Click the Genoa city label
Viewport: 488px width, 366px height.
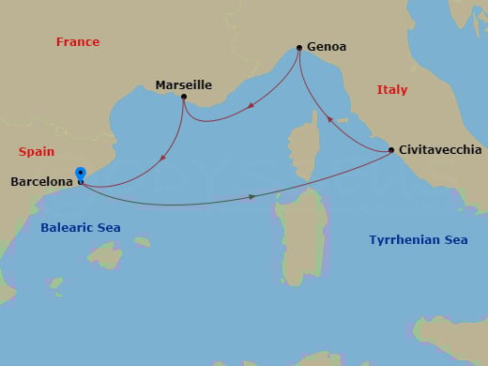[327, 47]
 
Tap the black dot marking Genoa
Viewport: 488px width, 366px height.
[298, 47]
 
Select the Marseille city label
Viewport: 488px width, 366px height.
[183, 84]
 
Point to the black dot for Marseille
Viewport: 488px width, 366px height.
[184, 97]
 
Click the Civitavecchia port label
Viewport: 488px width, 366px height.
[440, 150]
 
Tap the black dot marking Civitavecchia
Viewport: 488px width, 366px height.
[391, 150]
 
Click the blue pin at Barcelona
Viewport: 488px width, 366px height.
[81, 174]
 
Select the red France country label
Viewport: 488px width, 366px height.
[78, 42]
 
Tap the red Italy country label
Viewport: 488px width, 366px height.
[392, 90]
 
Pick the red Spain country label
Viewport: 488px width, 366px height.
[37, 151]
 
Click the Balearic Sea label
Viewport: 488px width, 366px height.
[81, 228]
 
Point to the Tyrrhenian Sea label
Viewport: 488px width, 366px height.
[419, 240]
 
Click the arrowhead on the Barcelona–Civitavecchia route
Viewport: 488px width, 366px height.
[252, 196]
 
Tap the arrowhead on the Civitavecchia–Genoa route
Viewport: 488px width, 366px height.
[329, 119]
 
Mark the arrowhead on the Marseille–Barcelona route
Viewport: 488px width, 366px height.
[164, 157]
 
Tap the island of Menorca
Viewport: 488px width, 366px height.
[141, 241]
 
